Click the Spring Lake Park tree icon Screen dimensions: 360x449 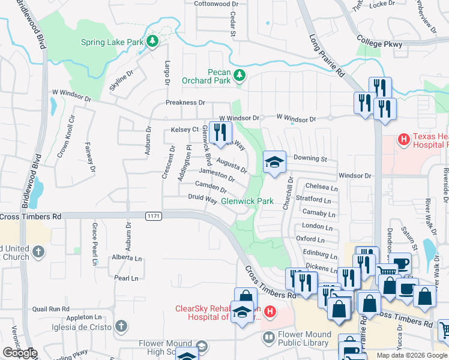(153, 41)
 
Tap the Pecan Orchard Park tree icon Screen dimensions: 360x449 (240, 76)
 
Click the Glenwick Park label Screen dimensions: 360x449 (247, 201)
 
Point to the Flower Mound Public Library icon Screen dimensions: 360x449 (268, 339)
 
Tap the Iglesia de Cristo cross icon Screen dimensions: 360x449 (121, 326)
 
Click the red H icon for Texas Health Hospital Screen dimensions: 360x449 (405, 140)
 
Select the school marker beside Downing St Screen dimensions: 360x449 (274, 163)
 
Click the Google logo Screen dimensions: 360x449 (20, 353)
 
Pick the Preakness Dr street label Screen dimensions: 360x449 (185, 103)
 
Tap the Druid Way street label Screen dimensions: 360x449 (202, 198)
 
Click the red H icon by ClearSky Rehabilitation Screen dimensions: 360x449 (270, 311)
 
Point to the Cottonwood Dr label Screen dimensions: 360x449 (216, 4)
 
